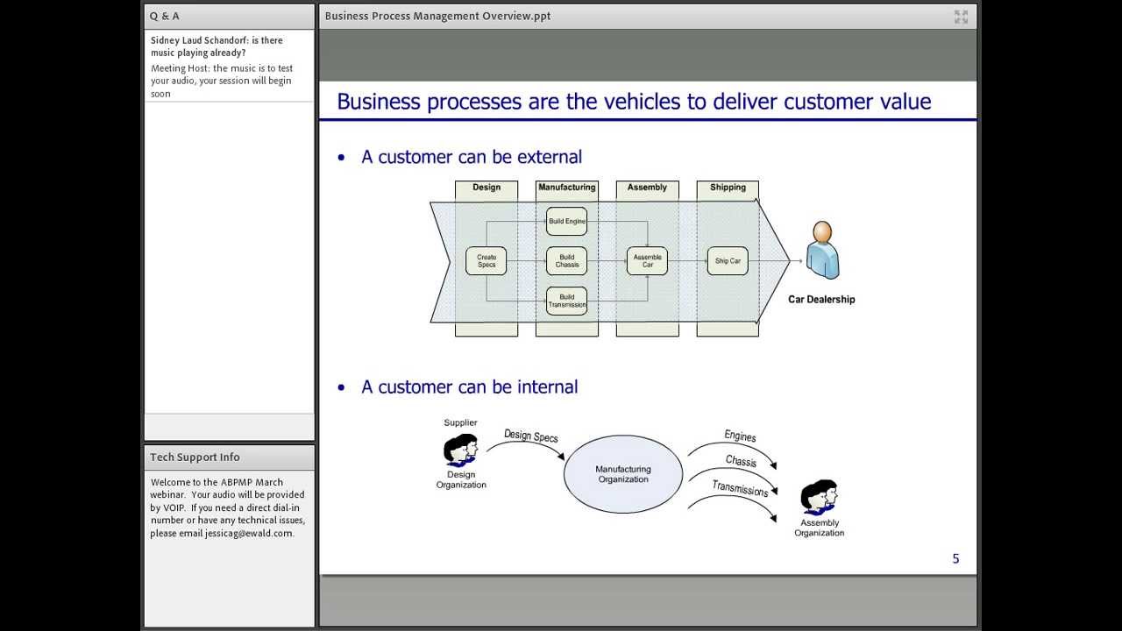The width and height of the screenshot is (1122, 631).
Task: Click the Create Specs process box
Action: (486, 261)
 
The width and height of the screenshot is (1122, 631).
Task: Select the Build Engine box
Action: (566, 221)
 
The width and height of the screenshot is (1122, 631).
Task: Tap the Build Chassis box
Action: (566, 261)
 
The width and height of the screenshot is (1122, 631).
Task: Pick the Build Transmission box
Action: (566, 301)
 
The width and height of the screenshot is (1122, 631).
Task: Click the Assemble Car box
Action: (647, 261)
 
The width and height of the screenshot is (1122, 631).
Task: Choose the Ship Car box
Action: (728, 261)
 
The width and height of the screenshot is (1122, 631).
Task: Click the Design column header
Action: (486, 188)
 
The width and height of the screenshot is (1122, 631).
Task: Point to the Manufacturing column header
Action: (566, 188)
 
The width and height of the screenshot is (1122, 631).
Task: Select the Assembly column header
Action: (647, 188)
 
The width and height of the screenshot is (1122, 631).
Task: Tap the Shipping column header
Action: (728, 188)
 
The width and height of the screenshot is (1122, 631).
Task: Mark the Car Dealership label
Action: (821, 300)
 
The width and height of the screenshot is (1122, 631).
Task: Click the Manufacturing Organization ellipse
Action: (622, 474)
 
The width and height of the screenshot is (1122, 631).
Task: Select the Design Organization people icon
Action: (460, 450)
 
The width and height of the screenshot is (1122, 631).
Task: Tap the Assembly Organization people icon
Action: (819, 498)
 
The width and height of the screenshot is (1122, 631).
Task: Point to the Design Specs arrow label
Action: (531, 436)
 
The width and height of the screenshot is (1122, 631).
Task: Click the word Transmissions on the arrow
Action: (740, 488)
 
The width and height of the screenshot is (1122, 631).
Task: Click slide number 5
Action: (955, 559)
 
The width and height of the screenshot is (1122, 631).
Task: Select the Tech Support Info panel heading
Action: (195, 457)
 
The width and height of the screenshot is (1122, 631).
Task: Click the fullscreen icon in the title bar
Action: (961, 17)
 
